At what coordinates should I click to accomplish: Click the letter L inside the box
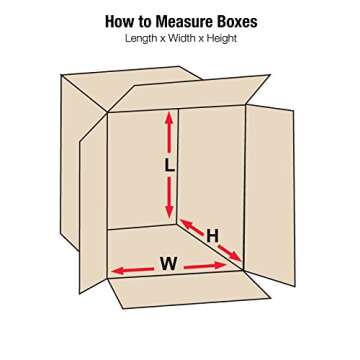[x=169, y=167]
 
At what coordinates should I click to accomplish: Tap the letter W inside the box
[x=168, y=265]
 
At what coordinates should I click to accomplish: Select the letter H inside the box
[x=212, y=236]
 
